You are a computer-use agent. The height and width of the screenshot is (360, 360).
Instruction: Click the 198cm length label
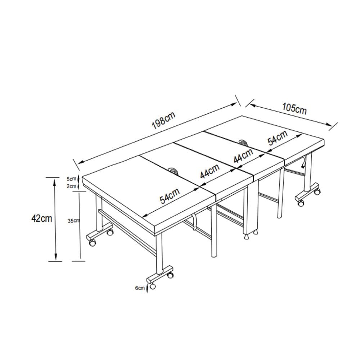[x=163, y=120]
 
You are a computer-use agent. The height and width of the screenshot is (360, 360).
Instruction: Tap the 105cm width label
[x=294, y=108]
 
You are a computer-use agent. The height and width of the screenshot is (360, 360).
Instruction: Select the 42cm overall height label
[x=41, y=218]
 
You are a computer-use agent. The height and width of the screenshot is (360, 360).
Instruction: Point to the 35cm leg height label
[x=73, y=221]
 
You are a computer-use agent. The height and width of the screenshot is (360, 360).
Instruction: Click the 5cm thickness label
[x=71, y=179]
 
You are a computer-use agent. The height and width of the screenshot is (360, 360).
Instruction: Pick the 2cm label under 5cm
[x=71, y=186]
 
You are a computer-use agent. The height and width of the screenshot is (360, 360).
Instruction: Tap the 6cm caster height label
[x=140, y=288]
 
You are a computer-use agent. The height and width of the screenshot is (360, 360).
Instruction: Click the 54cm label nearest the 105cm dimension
[x=277, y=138]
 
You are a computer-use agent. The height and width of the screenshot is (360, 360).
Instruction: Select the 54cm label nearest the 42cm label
[x=170, y=196]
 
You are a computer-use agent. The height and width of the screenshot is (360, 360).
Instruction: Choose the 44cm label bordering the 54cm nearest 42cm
[x=210, y=171]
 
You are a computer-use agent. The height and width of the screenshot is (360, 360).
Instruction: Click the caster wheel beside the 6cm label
[x=152, y=286]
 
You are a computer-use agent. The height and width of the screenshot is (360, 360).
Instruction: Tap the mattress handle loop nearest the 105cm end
[x=243, y=142]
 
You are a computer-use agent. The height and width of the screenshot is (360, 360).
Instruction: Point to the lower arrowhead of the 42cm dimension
[x=55, y=257]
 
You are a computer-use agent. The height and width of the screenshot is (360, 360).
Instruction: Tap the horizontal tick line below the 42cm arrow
[x=55, y=261]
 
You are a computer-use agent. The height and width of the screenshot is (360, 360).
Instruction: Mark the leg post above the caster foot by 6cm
[x=159, y=253]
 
